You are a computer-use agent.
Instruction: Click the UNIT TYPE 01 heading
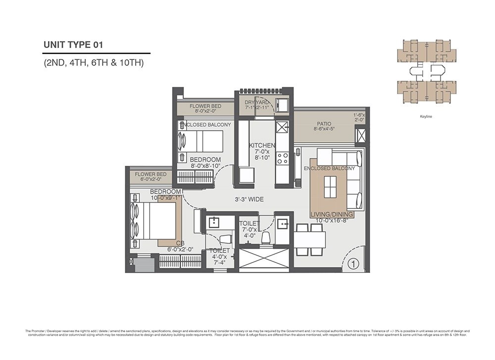click(x=73, y=45)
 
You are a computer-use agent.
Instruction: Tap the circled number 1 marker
click(x=352, y=263)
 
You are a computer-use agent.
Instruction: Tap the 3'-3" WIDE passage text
click(x=248, y=200)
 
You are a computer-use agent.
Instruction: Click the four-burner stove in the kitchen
click(x=282, y=158)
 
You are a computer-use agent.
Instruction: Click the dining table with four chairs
click(x=310, y=239)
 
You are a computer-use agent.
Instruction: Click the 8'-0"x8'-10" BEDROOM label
click(x=205, y=162)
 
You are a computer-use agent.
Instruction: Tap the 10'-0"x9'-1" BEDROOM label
click(x=165, y=195)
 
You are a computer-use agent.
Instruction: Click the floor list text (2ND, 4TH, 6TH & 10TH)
click(x=94, y=63)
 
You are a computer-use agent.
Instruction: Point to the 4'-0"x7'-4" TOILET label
click(x=218, y=257)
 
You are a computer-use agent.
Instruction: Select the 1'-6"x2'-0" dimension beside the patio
click(x=359, y=117)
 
